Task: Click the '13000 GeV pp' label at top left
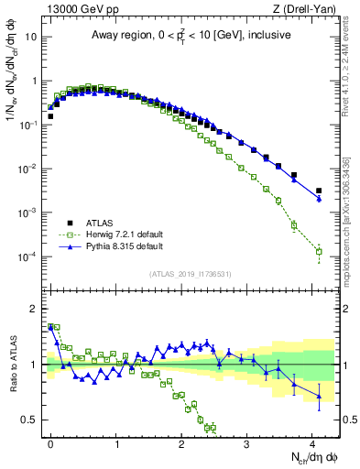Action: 77,9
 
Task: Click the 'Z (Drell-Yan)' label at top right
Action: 308,9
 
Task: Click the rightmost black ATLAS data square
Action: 319,191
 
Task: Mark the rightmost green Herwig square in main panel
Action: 319,251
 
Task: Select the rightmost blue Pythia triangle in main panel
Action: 319,199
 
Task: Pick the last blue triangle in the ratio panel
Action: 319,396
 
